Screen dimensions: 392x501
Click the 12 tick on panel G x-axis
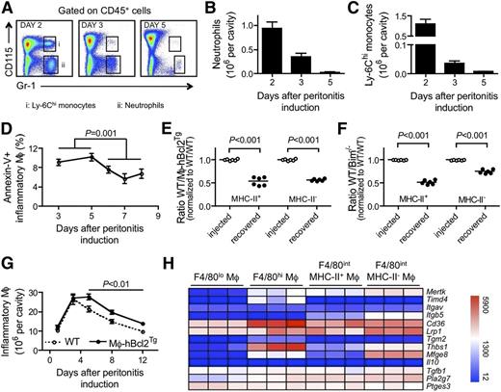click(x=144, y=361)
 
